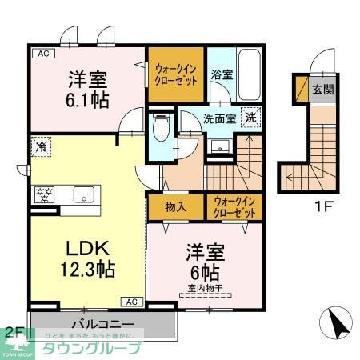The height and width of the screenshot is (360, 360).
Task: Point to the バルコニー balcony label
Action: pyautogui.click(x=102, y=324)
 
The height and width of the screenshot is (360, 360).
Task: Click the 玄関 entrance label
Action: pyautogui.click(x=322, y=89)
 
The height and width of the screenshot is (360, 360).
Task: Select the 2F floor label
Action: pyautogui.click(x=13, y=331)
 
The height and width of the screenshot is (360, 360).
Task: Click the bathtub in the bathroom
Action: pyautogui.click(x=250, y=76)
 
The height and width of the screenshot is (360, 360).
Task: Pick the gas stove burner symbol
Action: pyautogui.click(x=43, y=194)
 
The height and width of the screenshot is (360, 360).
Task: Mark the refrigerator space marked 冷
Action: pyautogui.click(x=39, y=148)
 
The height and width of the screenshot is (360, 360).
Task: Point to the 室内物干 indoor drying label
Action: pyautogui.click(x=205, y=289)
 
